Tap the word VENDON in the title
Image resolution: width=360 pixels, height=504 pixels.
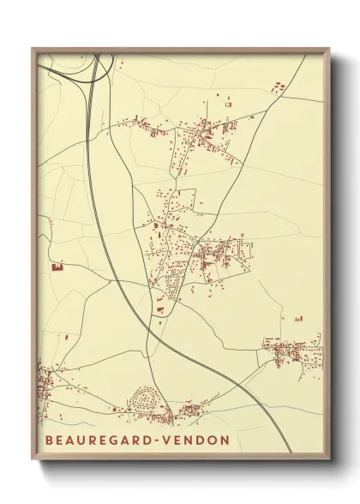coord(199,441)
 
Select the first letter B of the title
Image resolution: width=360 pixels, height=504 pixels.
coord(45,441)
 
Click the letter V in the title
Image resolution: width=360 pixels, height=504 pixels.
coord(172,441)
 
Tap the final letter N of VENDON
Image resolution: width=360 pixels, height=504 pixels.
coord(225,441)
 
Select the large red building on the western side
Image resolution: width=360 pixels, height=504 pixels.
coord(58,267)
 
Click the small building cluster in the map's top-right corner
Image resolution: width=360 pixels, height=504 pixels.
coord(278,87)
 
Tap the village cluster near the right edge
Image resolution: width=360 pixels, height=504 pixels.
coord(291,351)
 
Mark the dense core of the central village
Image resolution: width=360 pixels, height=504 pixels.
coord(208,255)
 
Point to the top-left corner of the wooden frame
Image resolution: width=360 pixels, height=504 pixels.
coord(33,49)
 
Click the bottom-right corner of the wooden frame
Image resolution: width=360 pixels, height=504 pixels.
coord(329,459)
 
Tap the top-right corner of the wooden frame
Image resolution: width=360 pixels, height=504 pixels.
coord(329,49)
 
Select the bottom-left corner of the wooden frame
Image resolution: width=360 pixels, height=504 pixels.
coord(33,459)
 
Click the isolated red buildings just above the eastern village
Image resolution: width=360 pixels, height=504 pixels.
coord(298,319)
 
